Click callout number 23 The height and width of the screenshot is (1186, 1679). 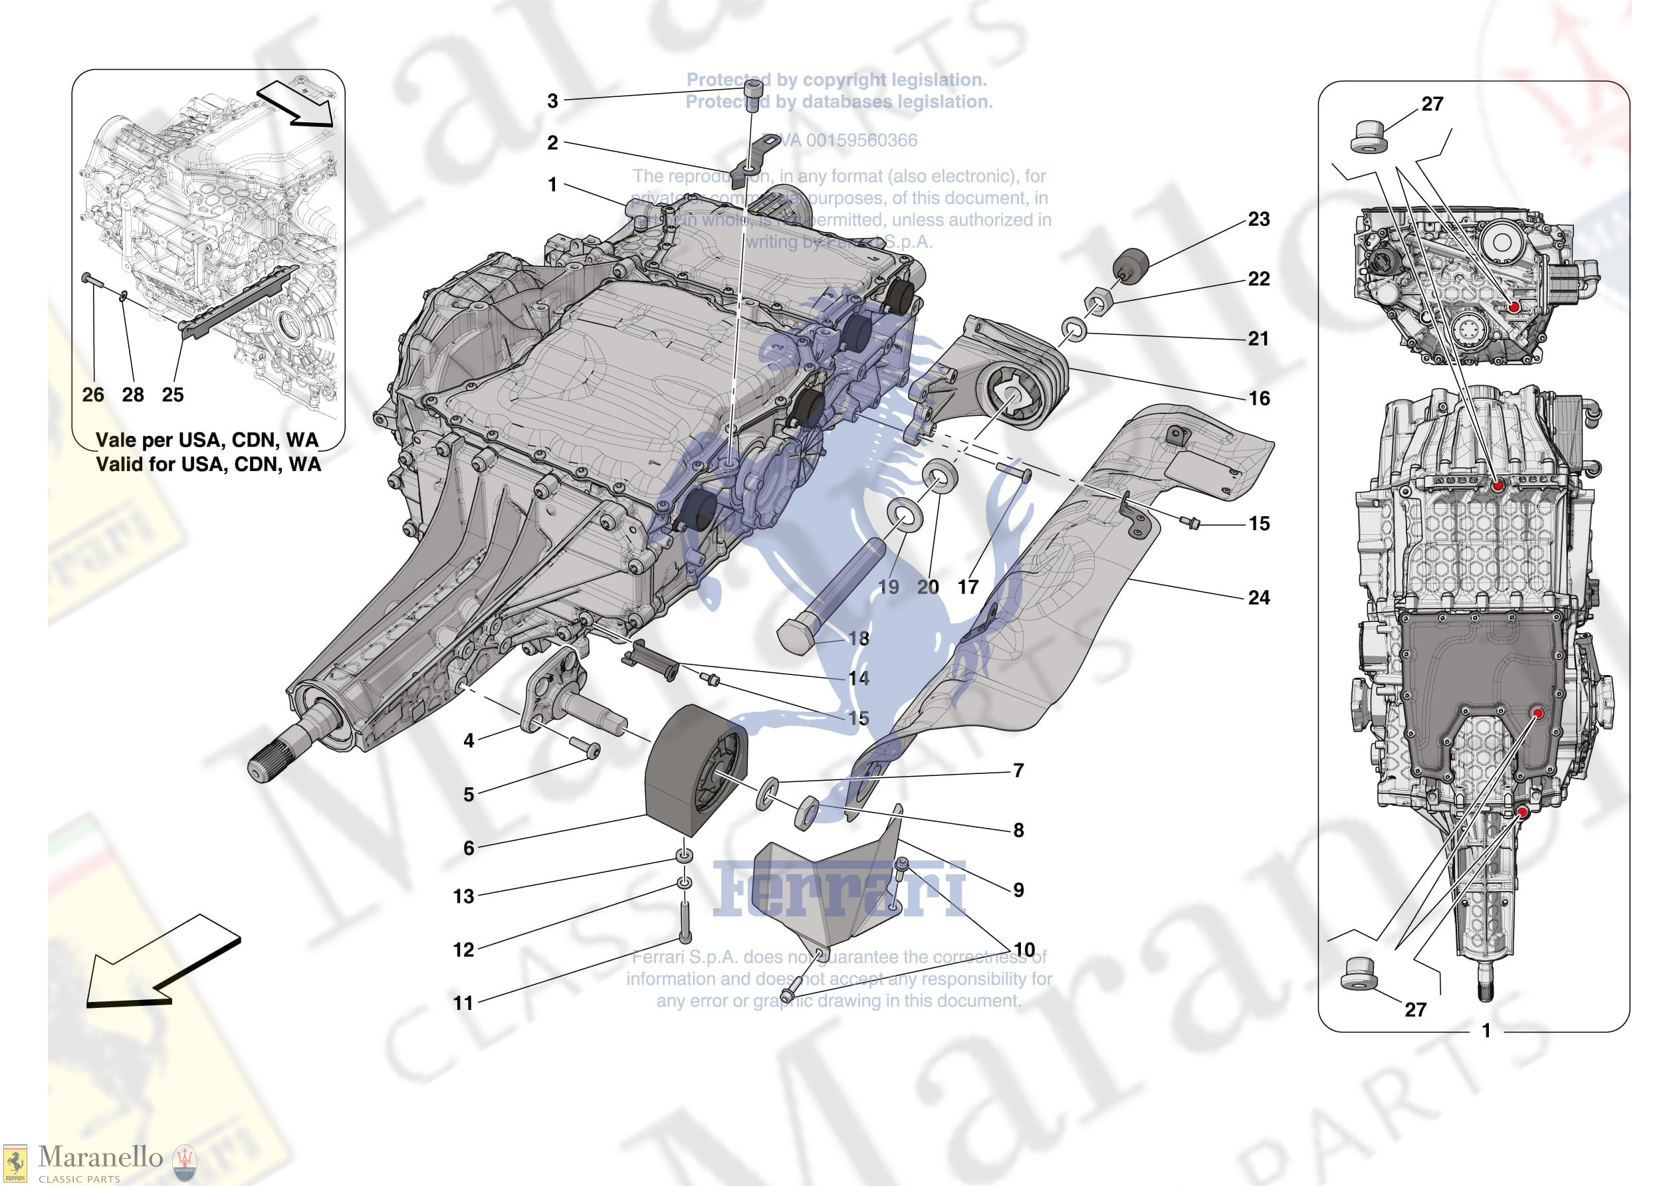pyautogui.click(x=1258, y=219)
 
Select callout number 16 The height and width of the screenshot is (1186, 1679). pyautogui.click(x=1258, y=399)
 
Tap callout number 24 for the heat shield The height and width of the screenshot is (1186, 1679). pyautogui.click(x=1258, y=597)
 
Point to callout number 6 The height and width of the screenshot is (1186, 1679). pyautogui.click(x=469, y=848)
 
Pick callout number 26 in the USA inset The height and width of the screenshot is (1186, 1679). pyautogui.click(x=93, y=395)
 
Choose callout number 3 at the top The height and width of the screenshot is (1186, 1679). pyautogui.click(x=553, y=101)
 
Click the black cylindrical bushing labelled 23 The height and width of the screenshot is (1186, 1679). pyautogui.click(x=1131, y=264)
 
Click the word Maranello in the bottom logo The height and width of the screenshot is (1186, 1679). pyautogui.click(x=100, y=1157)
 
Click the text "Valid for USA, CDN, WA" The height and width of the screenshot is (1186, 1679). pyautogui.click(x=209, y=464)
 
